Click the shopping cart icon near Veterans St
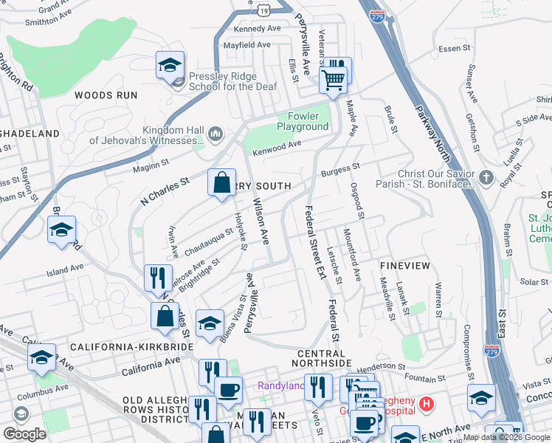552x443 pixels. pos(333,78)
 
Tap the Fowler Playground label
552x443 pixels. pos(303,121)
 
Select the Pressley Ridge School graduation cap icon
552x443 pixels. pos(169,65)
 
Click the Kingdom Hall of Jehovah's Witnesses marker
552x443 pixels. pos(215,134)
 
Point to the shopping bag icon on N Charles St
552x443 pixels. pos(221,181)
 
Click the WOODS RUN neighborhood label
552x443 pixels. pos(106,95)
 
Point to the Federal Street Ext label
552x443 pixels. pos(312,242)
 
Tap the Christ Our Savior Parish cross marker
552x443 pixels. pos(486,177)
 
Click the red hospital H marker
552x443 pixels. pos(425,404)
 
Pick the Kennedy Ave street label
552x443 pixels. pos(258,29)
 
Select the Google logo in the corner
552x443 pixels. pos(24,433)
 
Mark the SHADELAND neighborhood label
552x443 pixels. pos(30,133)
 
